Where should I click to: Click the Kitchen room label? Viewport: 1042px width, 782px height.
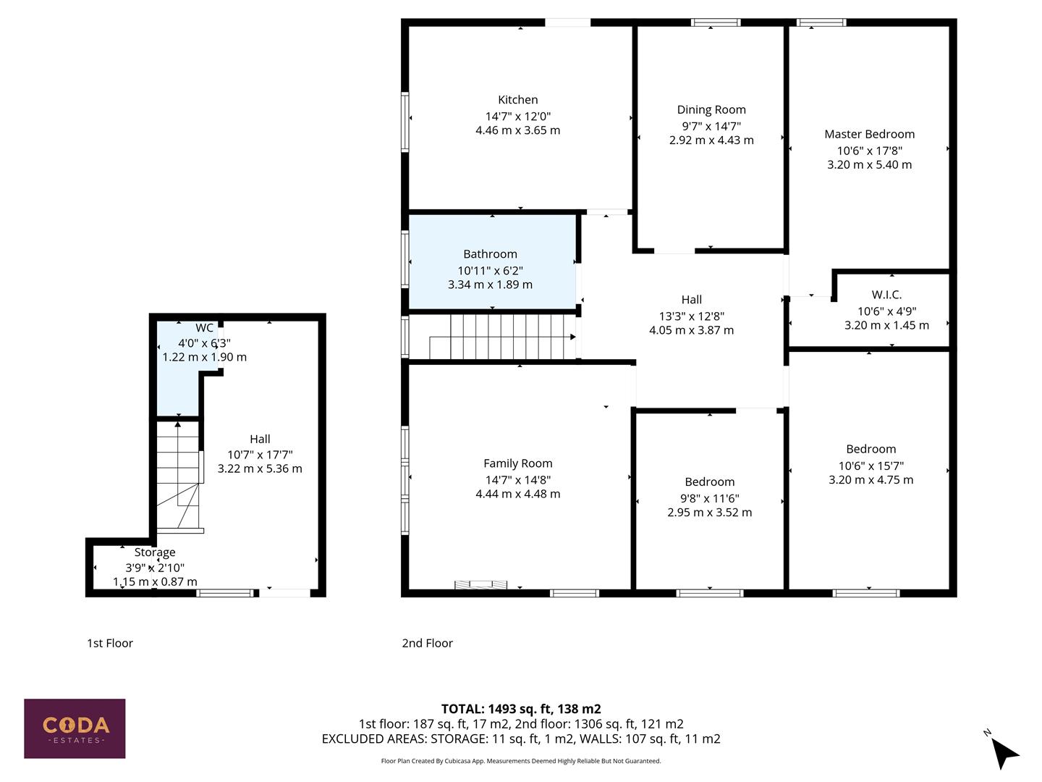point(517,100)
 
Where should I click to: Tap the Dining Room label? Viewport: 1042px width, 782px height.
point(711,110)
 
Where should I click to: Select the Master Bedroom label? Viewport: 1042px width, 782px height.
point(869,134)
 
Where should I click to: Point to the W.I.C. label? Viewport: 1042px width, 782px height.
point(886,295)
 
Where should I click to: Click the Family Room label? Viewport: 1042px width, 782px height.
point(517,463)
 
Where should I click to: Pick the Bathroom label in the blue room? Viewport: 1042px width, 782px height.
point(490,254)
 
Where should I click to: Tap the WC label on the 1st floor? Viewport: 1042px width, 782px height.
point(204,328)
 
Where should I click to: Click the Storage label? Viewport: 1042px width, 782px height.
point(155,552)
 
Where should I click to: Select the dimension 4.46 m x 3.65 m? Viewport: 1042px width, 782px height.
point(517,130)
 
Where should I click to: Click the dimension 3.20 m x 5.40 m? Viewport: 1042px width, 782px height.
point(869,164)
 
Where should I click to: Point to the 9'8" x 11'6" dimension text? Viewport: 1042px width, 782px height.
point(709,498)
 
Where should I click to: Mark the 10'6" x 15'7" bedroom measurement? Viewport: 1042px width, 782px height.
point(871,466)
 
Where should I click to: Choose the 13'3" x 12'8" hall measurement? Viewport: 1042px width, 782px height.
point(691,316)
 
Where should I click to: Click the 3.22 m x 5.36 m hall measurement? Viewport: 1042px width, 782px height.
point(260,468)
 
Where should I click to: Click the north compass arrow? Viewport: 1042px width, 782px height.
point(1003,752)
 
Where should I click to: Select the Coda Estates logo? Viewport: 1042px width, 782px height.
point(75,728)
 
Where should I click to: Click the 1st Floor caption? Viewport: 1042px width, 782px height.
point(110,643)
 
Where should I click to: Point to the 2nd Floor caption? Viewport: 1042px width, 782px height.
point(427,643)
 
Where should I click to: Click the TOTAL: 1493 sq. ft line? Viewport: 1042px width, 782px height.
point(521,709)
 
